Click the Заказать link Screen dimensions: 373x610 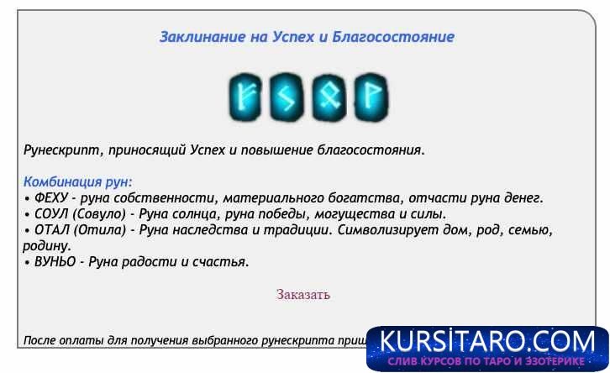point(303,294)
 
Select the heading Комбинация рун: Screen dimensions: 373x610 point(78,181)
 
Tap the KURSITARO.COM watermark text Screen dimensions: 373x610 point(487,342)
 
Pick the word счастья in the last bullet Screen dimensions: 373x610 point(222,261)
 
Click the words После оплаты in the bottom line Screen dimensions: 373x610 point(64,340)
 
